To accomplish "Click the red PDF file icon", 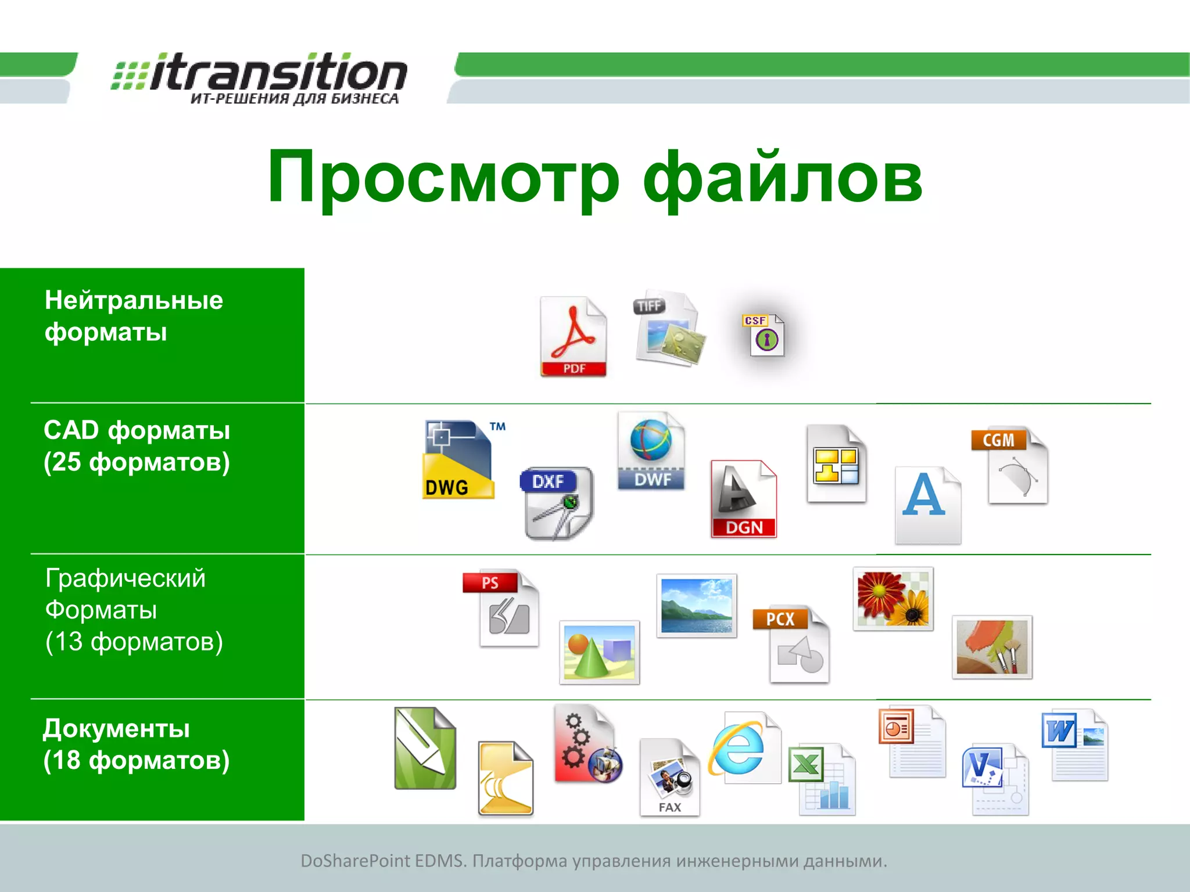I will point(573,337).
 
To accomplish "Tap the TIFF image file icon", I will point(668,329).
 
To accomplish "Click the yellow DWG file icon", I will point(458,460).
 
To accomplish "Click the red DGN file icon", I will point(743,499).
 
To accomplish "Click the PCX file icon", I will point(791,645).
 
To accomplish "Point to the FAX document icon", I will point(669,778).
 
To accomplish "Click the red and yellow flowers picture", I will point(893,599).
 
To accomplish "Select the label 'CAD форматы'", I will point(137,430).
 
